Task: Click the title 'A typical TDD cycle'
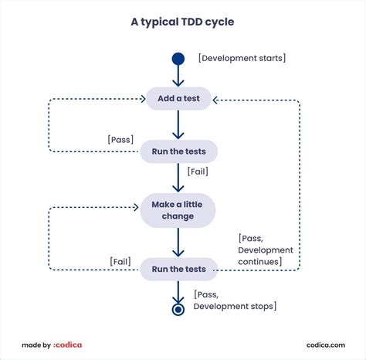[182, 22]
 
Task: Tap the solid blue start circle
[178, 59]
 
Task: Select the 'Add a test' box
[178, 99]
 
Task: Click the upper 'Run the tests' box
[178, 151]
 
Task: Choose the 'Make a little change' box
[178, 211]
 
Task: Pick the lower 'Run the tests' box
[178, 269]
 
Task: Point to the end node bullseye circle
[178, 309]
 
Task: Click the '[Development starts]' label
[242, 58]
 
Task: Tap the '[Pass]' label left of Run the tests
[120, 140]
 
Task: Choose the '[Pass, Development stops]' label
[234, 301]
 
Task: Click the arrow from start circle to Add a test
[178, 76]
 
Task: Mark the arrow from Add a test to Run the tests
[178, 125]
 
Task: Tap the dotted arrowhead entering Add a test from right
[216, 99]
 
